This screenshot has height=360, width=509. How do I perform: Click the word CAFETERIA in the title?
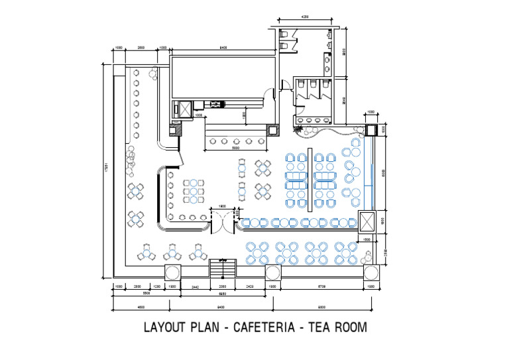[264, 328]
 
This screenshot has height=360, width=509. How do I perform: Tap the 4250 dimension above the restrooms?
[305, 16]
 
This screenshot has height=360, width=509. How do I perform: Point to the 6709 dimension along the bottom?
[321, 286]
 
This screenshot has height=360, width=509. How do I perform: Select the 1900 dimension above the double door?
[223, 206]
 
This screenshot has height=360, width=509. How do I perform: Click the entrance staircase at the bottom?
[223, 269]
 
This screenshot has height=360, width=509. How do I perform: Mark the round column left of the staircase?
[172, 272]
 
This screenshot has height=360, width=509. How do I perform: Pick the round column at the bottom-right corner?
[370, 272]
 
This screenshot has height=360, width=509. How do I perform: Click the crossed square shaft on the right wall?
[367, 221]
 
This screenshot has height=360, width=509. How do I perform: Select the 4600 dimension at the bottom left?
[141, 307]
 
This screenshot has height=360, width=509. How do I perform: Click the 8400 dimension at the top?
[223, 48]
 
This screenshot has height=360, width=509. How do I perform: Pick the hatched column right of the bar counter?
[272, 130]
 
